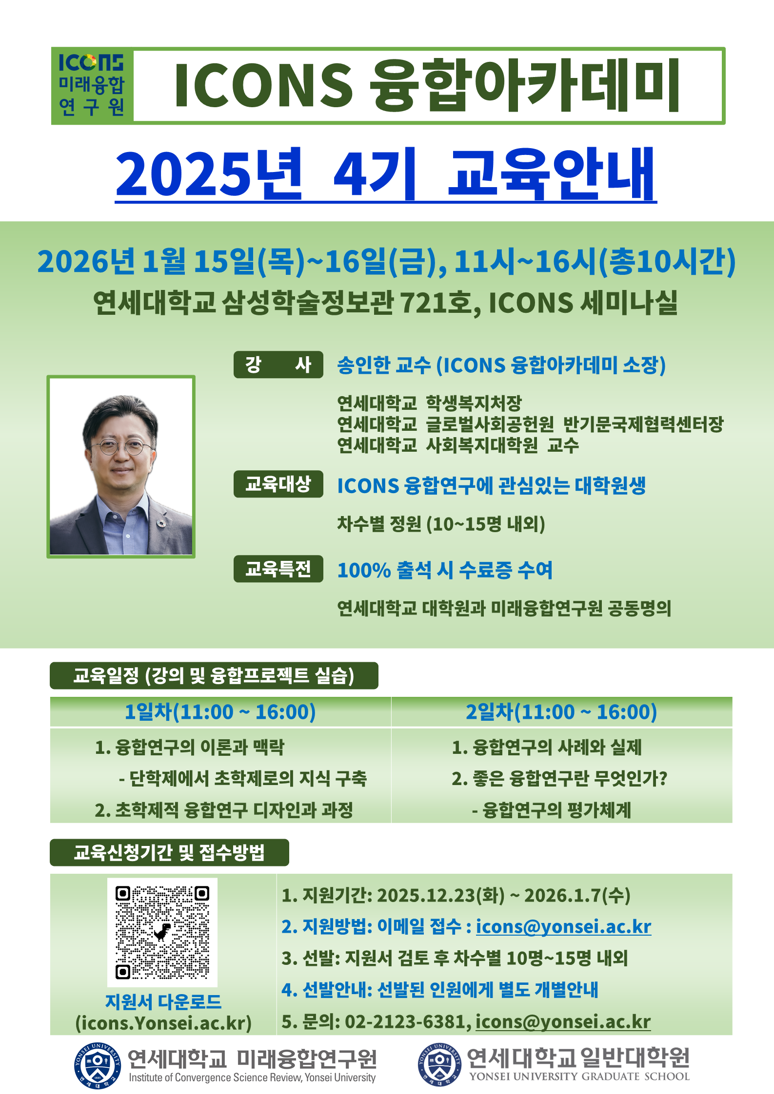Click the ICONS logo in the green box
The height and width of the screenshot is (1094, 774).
(92, 85)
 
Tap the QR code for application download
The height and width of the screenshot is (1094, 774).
(162, 932)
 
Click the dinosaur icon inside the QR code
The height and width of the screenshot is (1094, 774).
(162, 932)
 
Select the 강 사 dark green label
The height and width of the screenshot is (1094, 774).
(278, 365)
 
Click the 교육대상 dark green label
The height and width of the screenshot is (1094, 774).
(278, 484)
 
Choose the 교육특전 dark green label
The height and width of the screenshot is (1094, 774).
(278, 569)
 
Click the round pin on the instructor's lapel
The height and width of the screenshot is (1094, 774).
(161, 523)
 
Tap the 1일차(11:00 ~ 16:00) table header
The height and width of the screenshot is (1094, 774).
(220, 712)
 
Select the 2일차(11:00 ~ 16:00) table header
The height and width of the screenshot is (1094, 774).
(562, 712)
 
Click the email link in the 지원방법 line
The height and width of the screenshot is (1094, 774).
(563, 926)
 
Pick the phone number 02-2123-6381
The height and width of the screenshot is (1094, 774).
(407, 1021)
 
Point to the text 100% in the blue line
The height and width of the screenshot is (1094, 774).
(364, 570)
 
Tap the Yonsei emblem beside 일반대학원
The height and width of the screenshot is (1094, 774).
(439, 1064)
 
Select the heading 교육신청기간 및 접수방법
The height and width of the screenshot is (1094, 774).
(169, 852)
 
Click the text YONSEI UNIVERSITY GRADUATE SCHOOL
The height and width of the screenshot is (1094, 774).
(579, 1076)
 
